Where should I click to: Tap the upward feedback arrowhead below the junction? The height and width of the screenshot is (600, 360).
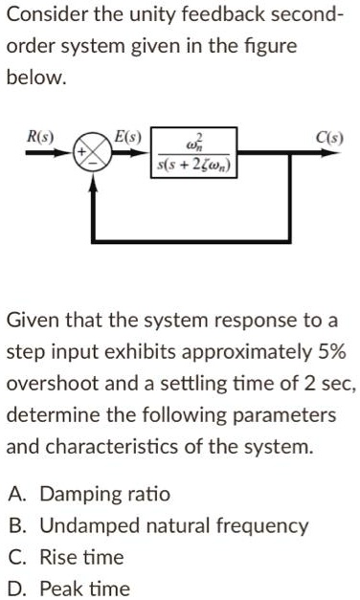[x=92, y=185]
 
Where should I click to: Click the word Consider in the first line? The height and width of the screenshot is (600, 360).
[x=46, y=14]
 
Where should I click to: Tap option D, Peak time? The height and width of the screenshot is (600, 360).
[x=68, y=588]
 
